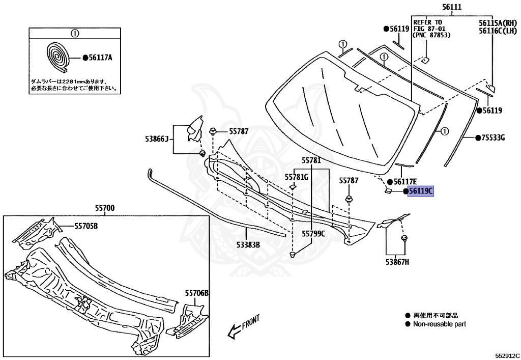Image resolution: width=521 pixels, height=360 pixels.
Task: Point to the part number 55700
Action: coord(104,208)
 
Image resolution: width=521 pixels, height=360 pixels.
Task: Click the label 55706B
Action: coord(196,293)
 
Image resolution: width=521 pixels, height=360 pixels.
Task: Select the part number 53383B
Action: coord(248,245)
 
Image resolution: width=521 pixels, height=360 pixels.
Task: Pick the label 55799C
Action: coord(313,234)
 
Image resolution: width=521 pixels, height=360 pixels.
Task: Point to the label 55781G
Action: coord(297,177)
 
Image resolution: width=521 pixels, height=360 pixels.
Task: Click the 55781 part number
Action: coord(311,160)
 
